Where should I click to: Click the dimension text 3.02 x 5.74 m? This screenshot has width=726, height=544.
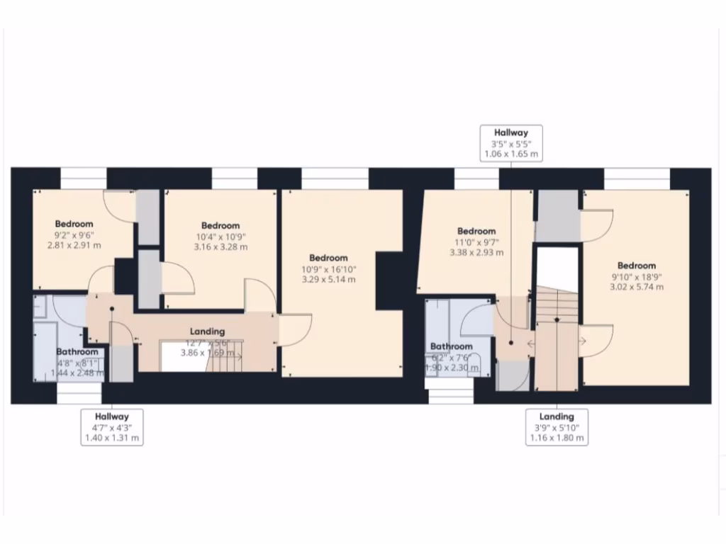[636, 287]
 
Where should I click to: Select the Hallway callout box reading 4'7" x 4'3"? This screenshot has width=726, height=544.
[113, 428]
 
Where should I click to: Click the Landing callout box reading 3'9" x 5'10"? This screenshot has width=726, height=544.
[557, 428]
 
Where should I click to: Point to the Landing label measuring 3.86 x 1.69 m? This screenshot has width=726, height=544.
[207, 352]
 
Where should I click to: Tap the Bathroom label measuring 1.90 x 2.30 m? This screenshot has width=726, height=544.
[452, 357]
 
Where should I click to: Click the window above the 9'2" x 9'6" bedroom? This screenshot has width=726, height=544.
[83, 178]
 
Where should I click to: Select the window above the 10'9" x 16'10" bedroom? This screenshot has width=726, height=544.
[335, 178]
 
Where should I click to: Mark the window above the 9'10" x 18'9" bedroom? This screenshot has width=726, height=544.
[637, 178]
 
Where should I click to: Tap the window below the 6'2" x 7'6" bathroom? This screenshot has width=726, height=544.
[451, 396]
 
